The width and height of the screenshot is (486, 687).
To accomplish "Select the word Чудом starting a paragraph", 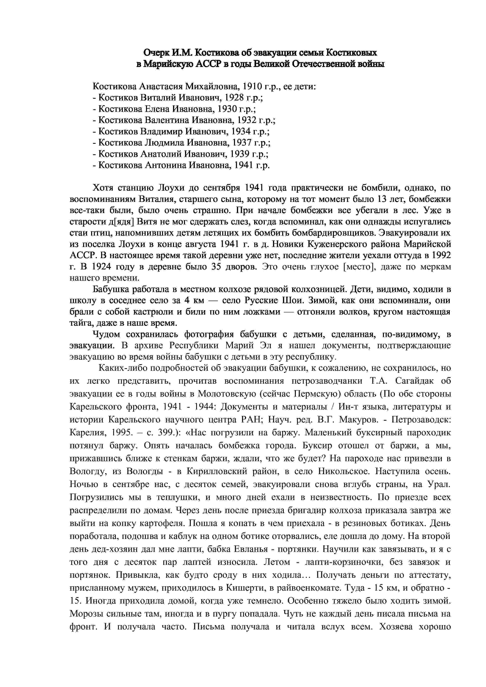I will tap(106, 334).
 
